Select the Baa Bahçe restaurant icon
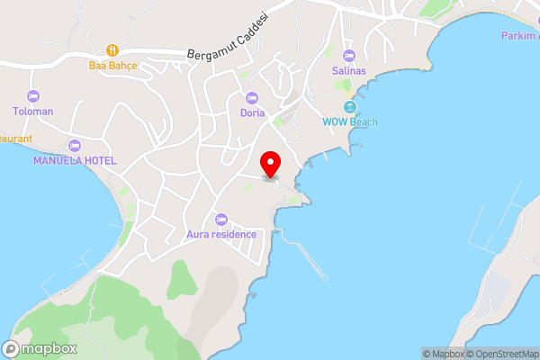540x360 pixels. [112, 50]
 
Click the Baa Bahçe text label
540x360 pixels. [112, 66]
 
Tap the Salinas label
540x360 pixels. [349, 72]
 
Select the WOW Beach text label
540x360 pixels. [350, 122]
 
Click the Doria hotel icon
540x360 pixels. [252, 97]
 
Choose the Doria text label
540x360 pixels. [252, 112]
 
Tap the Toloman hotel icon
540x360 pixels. [33, 96]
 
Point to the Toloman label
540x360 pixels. [33, 112]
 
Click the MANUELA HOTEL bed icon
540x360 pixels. [74, 145]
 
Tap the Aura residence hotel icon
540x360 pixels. [221, 219]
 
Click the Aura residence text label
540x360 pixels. [221, 234]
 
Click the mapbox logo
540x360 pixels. [40, 348]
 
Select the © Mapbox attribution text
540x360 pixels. [441, 354]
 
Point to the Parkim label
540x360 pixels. [519, 35]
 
